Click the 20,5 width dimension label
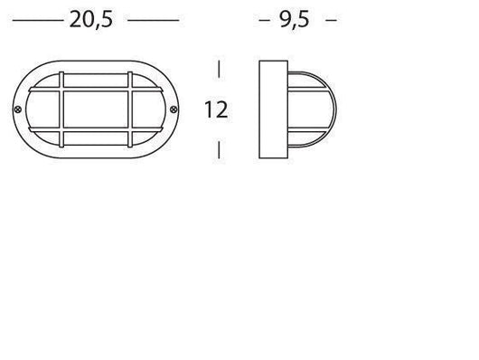click(x=91, y=20)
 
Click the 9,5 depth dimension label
click(x=295, y=20)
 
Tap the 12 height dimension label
click(x=216, y=109)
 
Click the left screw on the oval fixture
click(x=18, y=109)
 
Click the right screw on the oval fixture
click(x=174, y=109)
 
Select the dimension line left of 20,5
click(x=38, y=21)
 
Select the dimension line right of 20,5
click(x=154, y=21)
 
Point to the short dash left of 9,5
click(x=265, y=20)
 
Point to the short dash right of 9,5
click(x=331, y=20)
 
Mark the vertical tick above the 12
click(x=219, y=69)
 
